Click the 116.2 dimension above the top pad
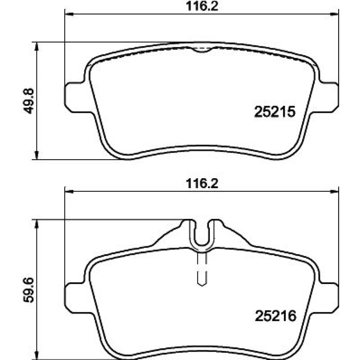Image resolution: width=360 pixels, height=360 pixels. (x=202, y=6)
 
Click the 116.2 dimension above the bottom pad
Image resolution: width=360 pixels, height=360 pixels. (x=202, y=184)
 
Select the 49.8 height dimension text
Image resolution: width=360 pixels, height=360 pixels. (x=29, y=101)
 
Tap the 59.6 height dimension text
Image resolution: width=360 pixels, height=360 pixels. (x=29, y=290)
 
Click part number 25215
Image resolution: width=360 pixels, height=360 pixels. (x=275, y=112)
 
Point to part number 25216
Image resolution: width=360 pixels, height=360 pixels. (x=275, y=316)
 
